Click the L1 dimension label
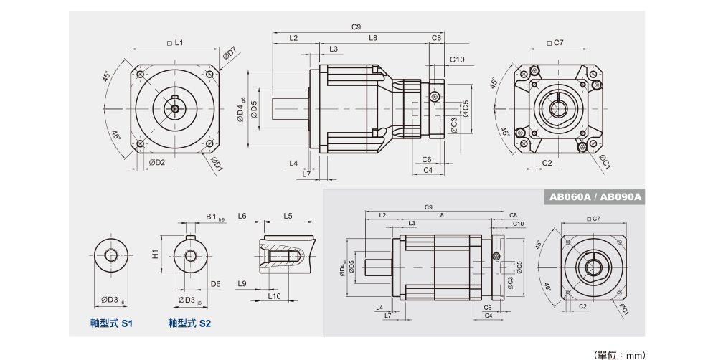[175, 43]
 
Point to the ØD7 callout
[230, 53]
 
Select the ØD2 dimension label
[158, 162]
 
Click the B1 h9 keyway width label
[213, 216]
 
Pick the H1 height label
[155, 254]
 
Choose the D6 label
[215, 284]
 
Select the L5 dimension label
[288, 215]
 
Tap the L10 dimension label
[274, 295]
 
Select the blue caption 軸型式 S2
[190, 323]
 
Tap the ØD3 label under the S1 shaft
[111, 299]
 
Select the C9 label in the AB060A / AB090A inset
[428, 207]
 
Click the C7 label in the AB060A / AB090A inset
[593, 218]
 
